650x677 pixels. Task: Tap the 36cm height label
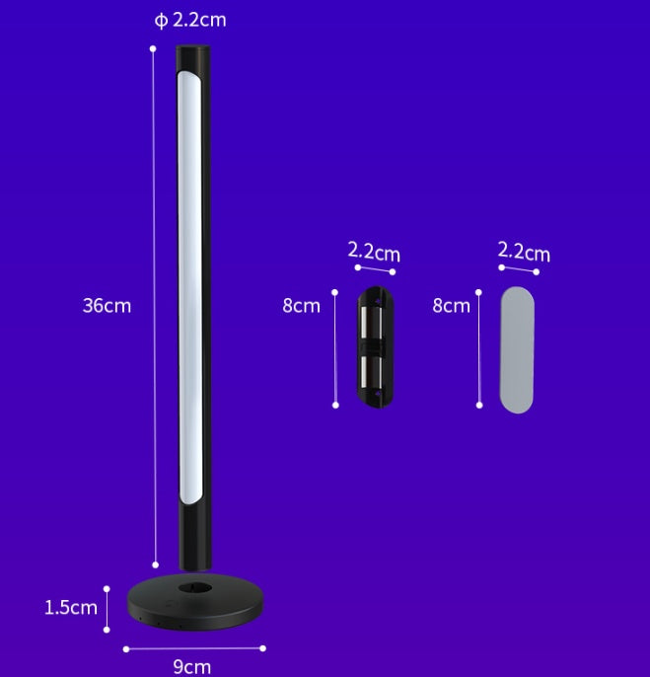107,305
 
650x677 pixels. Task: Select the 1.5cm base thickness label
70,607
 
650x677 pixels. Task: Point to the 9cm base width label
192,666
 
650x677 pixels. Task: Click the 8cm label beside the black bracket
301,305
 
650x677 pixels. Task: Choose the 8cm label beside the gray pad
451,305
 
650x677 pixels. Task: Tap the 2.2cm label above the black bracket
374,251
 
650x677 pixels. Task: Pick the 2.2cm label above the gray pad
524,252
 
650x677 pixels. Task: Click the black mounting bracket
375,347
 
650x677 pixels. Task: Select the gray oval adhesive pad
516,349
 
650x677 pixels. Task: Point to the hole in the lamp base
191,587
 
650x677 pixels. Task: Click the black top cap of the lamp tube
194,55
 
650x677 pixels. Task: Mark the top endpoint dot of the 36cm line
154,48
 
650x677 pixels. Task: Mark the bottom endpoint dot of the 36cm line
155,564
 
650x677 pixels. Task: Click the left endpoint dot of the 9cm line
125,648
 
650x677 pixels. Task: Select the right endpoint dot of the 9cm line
263,648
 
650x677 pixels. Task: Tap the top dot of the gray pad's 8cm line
479,291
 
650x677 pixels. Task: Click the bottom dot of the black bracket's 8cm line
336,404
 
